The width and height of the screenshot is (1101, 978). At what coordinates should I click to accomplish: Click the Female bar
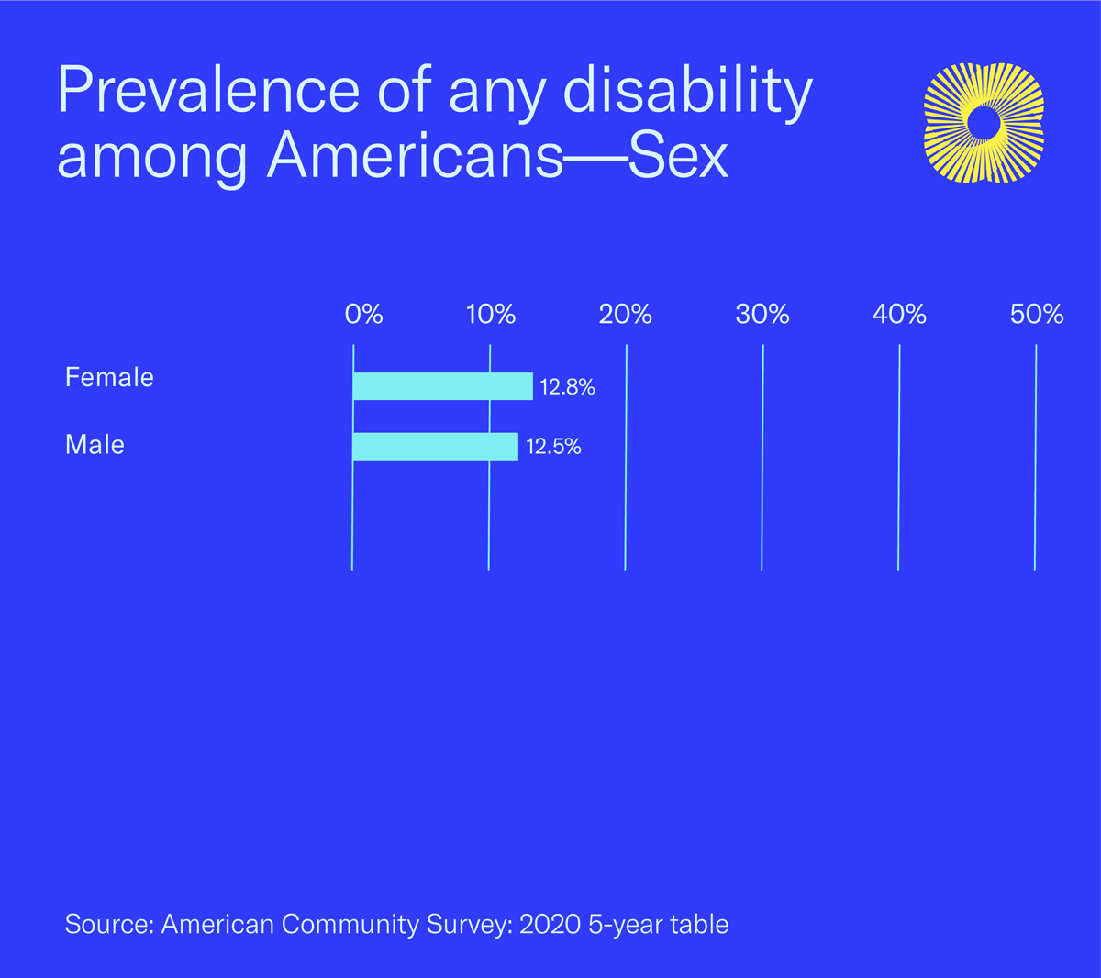pyautogui.click(x=442, y=386)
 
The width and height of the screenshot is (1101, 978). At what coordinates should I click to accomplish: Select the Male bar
pyautogui.click(x=435, y=446)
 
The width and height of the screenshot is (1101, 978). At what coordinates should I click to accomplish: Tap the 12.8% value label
pyautogui.click(x=567, y=387)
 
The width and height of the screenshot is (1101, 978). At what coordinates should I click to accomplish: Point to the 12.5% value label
pyautogui.click(x=553, y=447)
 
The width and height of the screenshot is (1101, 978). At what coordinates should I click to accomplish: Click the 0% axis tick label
pyautogui.click(x=363, y=315)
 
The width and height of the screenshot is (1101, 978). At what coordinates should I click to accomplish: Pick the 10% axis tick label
pyautogui.click(x=491, y=315)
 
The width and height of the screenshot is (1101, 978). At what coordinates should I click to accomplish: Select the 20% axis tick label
pyautogui.click(x=626, y=315)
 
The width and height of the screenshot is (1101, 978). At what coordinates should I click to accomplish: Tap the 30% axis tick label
pyautogui.click(x=762, y=315)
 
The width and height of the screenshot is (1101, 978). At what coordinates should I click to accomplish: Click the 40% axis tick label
pyautogui.click(x=899, y=315)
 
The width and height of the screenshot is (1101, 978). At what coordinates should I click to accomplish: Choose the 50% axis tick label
pyautogui.click(x=1037, y=315)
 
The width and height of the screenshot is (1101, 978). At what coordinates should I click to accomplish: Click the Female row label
pyautogui.click(x=109, y=377)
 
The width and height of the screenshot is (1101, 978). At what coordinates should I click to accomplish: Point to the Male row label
pyautogui.click(x=95, y=445)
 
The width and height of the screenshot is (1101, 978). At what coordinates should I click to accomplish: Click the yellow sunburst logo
pyautogui.click(x=984, y=123)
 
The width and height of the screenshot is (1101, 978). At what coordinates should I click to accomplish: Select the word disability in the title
pyautogui.click(x=686, y=90)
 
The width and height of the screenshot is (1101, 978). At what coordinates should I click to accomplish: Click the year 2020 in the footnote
pyautogui.click(x=550, y=924)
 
